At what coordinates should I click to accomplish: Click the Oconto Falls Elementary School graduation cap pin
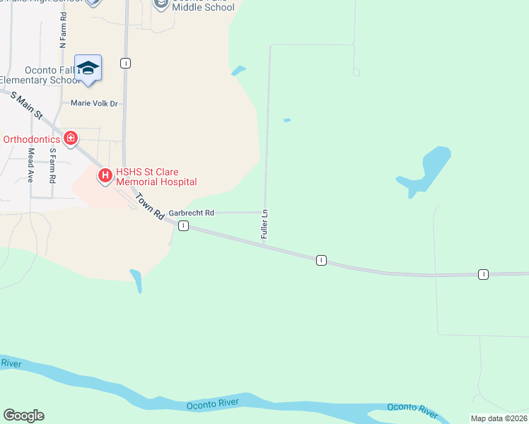point(88,69)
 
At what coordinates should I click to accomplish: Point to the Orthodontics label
point(32,139)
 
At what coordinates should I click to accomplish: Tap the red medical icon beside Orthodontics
point(70,138)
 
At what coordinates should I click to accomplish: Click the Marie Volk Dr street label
point(94,103)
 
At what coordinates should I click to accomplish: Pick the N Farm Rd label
point(63,30)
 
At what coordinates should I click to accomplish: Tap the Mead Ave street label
point(30,165)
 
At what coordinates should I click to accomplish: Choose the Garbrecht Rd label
point(191,213)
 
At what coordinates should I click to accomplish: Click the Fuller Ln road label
point(264,223)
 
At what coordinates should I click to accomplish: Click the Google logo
point(23,416)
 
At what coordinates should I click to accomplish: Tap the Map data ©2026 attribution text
point(499,418)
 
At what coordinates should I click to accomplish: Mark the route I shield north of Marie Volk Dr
point(125,63)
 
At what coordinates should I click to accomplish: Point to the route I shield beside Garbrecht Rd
point(183,225)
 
